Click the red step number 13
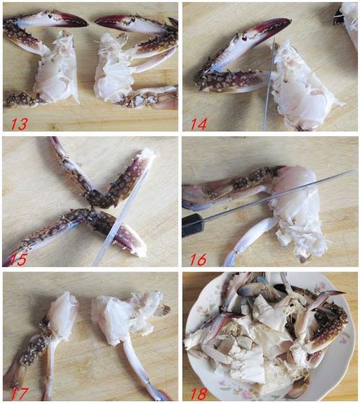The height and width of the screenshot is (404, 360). [x=19, y=123]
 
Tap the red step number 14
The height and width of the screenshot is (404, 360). [x=198, y=124]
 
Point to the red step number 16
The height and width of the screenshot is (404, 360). [x=198, y=259]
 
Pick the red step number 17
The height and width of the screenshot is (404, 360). [x=19, y=393]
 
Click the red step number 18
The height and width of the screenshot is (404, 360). [x=199, y=393]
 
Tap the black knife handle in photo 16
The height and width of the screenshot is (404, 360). [x=193, y=225]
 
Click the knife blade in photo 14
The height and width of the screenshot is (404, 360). [x=269, y=84]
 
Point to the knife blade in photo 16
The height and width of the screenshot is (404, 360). [x=278, y=196]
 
